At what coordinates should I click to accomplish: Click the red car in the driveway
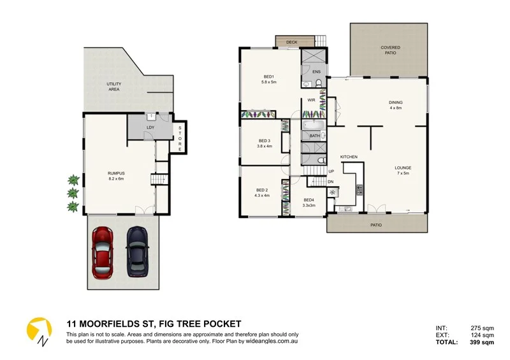(x=103, y=252)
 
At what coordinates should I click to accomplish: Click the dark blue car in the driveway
(x=137, y=252)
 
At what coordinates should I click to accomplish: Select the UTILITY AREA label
(x=114, y=87)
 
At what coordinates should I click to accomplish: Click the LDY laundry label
(x=150, y=127)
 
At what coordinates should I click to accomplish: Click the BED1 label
(x=268, y=79)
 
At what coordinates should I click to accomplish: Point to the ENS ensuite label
(x=316, y=72)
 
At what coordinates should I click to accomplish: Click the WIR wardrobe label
(x=312, y=100)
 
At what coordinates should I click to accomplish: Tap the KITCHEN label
(x=348, y=157)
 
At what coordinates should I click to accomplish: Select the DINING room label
(x=396, y=103)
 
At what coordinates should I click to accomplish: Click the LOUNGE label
(x=403, y=168)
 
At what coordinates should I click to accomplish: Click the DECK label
(x=291, y=42)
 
